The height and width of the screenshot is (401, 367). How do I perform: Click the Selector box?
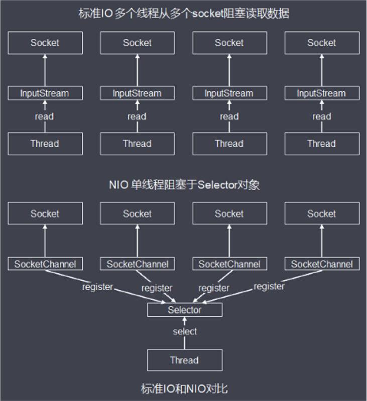(184, 310)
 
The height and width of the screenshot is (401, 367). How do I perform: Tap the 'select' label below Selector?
(185, 331)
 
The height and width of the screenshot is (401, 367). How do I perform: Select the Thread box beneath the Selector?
(184, 360)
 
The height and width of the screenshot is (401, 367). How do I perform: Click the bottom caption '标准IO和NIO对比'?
(184, 388)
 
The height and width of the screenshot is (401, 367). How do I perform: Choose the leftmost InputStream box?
(45, 93)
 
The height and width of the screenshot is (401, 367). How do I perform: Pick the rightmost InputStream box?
(321, 93)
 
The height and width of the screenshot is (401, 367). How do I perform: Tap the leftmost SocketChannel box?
(45, 264)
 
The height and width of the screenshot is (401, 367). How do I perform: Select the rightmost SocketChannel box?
(321, 264)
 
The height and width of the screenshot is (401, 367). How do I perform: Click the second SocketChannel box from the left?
(137, 264)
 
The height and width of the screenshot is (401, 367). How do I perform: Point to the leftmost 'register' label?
(97, 287)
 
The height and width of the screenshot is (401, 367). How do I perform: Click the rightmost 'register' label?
(269, 286)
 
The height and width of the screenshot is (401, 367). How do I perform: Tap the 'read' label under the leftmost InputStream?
(45, 116)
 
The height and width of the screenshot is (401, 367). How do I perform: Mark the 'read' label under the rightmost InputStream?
(321, 116)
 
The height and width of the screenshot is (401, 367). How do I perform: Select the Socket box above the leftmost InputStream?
(45, 43)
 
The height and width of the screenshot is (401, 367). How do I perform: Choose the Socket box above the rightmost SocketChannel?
(321, 214)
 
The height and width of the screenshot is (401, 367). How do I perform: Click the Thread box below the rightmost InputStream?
(321, 143)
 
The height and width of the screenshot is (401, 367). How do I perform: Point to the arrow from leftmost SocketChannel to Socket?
(45, 241)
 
